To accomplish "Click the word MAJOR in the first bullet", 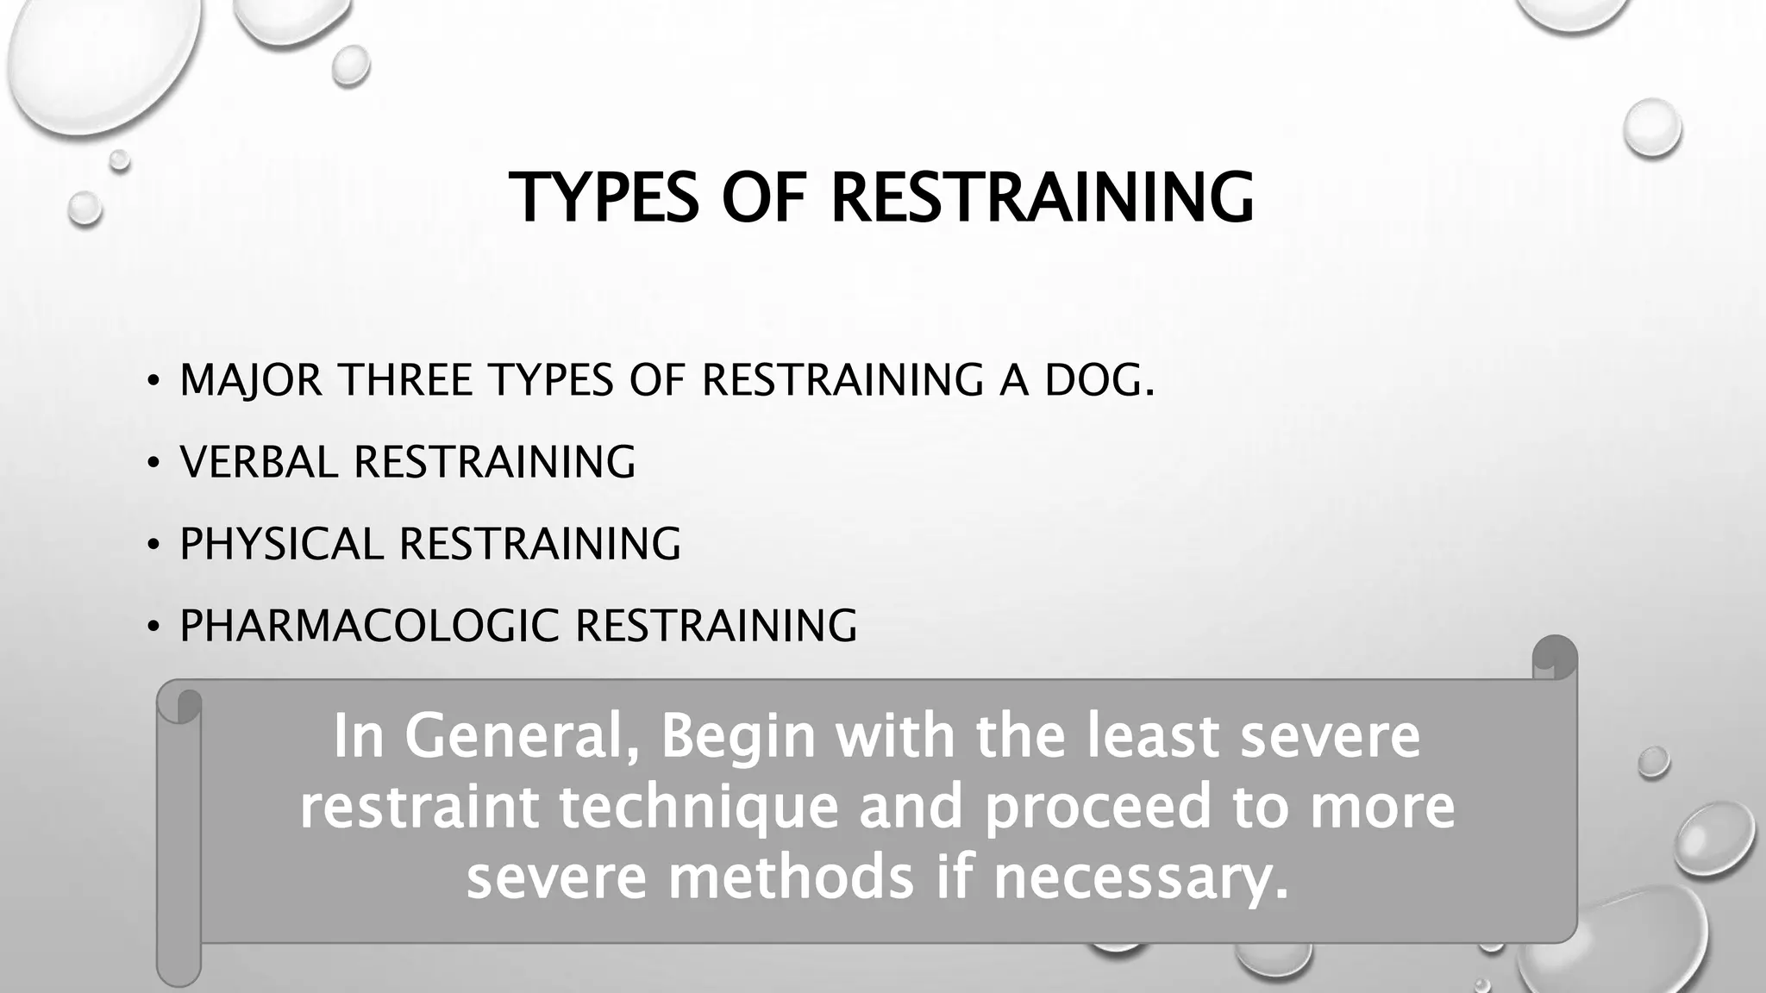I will tap(251, 380).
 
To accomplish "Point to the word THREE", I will tap(404, 380).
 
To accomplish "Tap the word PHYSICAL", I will tap(281, 544).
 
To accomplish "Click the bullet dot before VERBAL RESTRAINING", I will tap(153, 464).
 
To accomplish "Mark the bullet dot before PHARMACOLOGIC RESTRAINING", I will tap(153, 628).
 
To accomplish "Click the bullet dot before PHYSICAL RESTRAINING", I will tap(153, 546).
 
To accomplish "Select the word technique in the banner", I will tap(698, 808).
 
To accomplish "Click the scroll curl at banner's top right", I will tap(1555, 657).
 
